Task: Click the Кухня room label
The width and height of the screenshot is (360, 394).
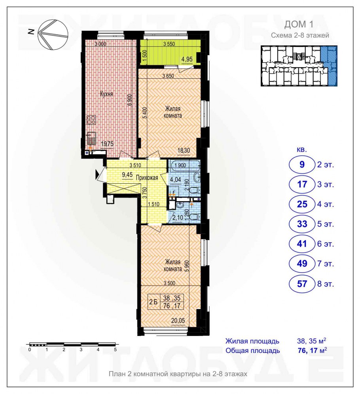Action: pos(106,94)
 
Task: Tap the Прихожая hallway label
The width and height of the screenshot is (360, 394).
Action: pos(147,178)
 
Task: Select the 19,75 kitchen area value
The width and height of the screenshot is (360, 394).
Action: pos(107,144)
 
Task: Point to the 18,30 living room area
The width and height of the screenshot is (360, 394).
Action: pos(184,151)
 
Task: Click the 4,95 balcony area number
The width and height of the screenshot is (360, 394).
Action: pos(187,59)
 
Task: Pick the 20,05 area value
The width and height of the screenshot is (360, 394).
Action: pos(178,320)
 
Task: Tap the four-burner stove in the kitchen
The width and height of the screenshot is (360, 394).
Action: pos(91,120)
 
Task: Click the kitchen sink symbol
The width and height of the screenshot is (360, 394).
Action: pos(91,139)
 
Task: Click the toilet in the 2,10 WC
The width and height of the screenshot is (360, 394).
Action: pos(195,217)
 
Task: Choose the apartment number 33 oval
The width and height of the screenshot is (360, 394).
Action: pos(302,224)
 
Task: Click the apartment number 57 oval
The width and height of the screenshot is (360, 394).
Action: pos(302,284)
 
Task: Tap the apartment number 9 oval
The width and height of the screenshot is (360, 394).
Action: pos(302,164)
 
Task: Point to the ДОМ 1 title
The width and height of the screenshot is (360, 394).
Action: pos(299,25)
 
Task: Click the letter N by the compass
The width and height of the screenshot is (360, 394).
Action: pos(31,32)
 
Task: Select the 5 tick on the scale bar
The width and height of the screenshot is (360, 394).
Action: pos(115,349)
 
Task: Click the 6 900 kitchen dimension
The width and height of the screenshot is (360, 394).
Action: pos(130,101)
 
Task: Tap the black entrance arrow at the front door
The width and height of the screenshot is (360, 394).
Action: pos(97,174)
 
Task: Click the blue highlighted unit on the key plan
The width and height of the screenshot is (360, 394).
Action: pos(330,66)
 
